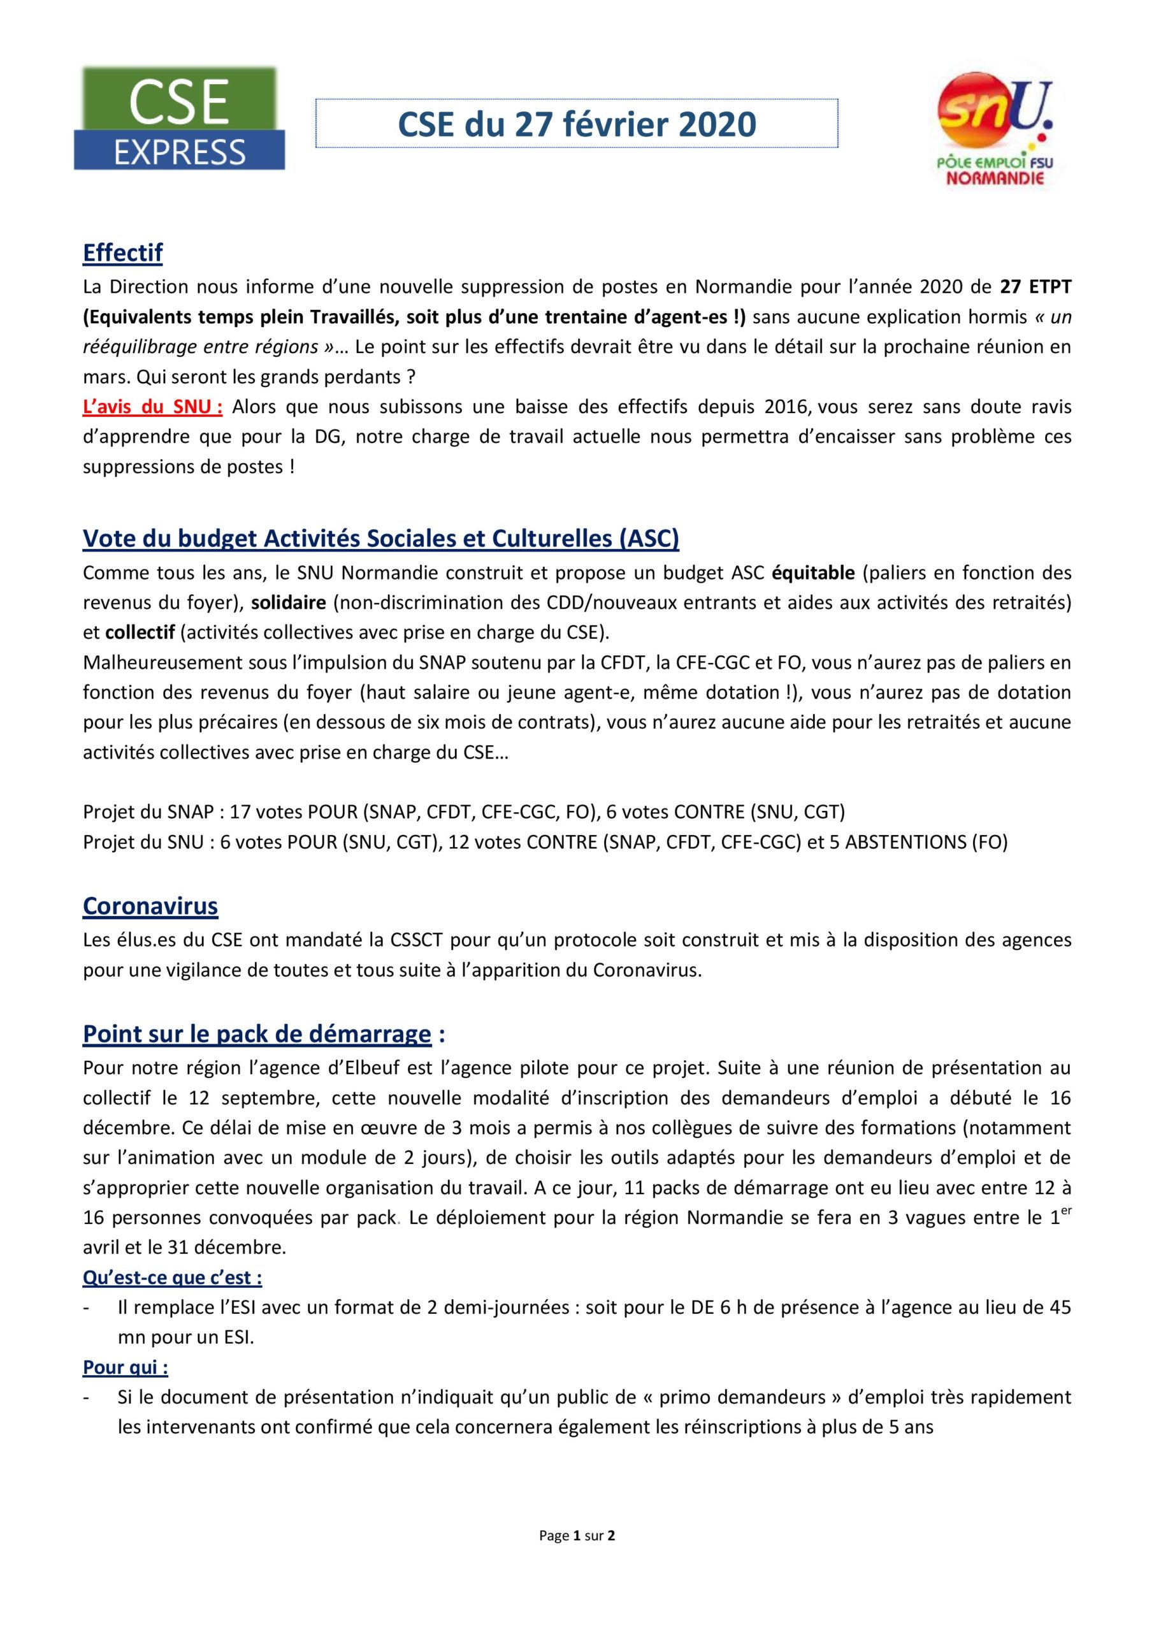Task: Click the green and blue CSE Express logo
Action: tap(179, 119)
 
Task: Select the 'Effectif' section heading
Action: tap(123, 252)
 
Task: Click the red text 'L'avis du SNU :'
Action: tap(153, 407)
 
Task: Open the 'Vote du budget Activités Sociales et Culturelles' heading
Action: tap(381, 538)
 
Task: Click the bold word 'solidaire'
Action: tap(289, 602)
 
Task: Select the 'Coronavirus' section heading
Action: tap(150, 905)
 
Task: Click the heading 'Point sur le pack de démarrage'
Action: tap(257, 1033)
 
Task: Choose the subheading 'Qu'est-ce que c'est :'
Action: tap(173, 1278)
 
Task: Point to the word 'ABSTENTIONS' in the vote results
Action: tap(899, 842)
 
